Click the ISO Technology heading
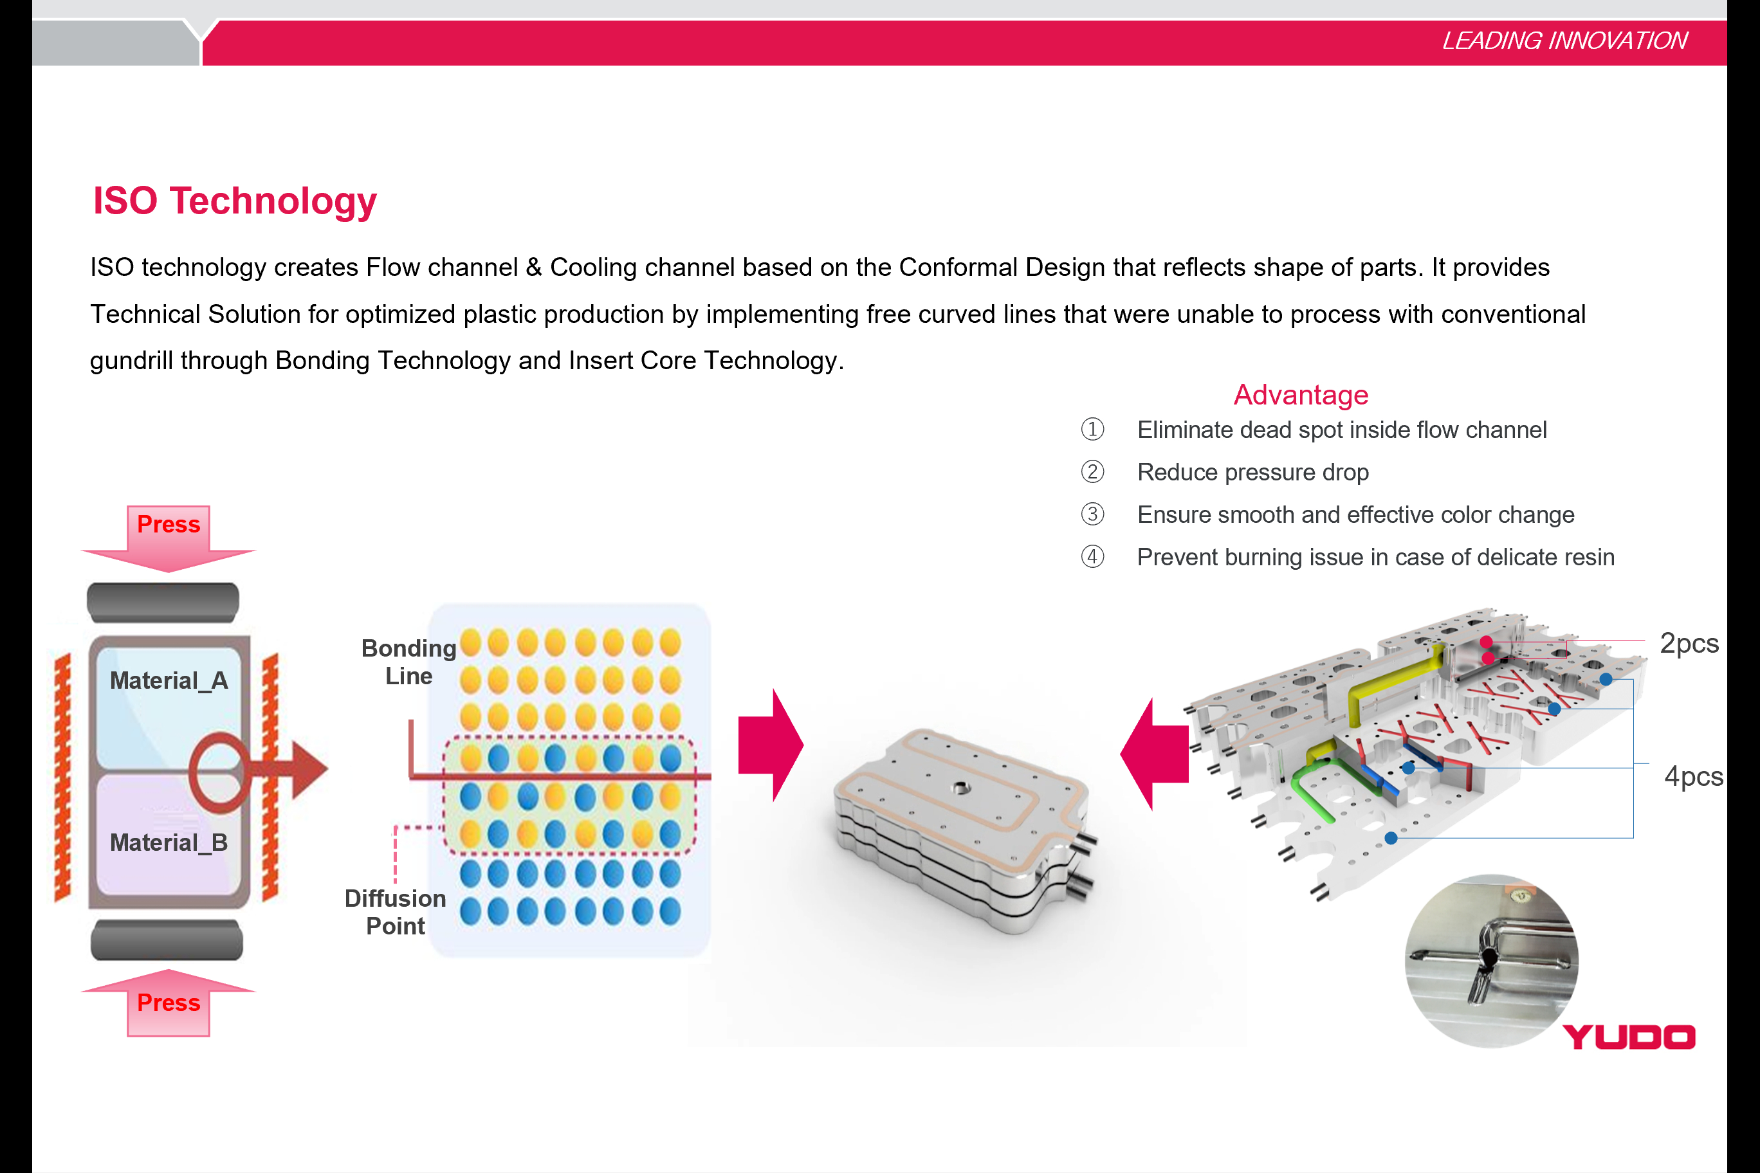(x=234, y=201)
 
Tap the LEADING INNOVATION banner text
(x=1564, y=41)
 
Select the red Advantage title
(x=1301, y=395)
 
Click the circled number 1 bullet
(x=1092, y=430)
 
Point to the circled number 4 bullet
(x=1092, y=556)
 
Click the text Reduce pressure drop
(x=1252, y=472)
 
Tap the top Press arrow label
(x=169, y=524)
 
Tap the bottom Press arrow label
(x=169, y=1003)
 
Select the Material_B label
(x=169, y=843)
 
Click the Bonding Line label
(x=408, y=662)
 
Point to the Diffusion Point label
(x=395, y=912)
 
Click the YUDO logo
(x=1629, y=1037)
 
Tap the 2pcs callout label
(x=1689, y=643)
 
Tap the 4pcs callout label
(x=1693, y=776)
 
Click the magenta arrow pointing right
(x=771, y=746)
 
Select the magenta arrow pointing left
(x=1155, y=754)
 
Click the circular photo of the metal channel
(x=1491, y=961)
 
